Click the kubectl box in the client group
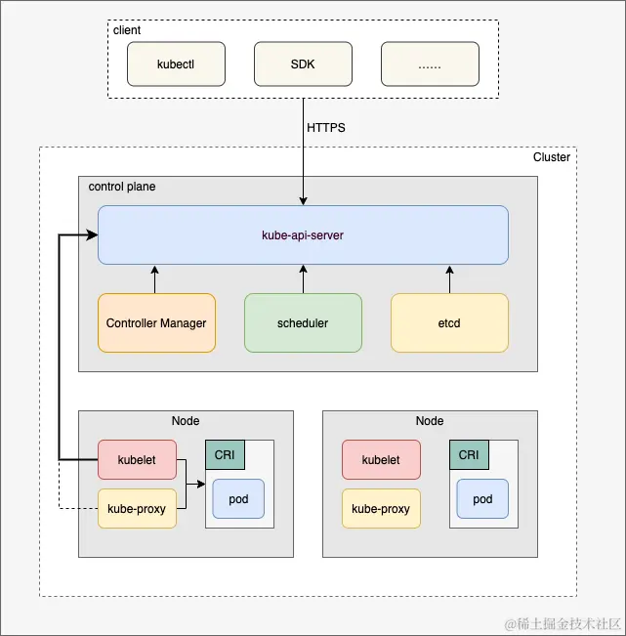pyautogui.click(x=176, y=64)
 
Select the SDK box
pyautogui.click(x=303, y=64)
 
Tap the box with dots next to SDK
pyautogui.click(x=430, y=64)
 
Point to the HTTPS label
pyautogui.click(x=326, y=128)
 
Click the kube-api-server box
pyautogui.click(x=303, y=234)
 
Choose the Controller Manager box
pyautogui.click(x=156, y=322)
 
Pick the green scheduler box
pyautogui.click(x=303, y=322)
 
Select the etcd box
pyautogui.click(x=449, y=322)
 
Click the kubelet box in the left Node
pyautogui.click(x=137, y=459)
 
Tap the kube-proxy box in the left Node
pyautogui.click(x=137, y=508)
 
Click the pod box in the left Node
pyautogui.click(x=238, y=498)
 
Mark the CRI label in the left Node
pyautogui.click(x=225, y=454)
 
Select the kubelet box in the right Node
pyautogui.click(x=381, y=459)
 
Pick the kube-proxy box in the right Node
pyautogui.click(x=381, y=508)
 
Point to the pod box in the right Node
pyautogui.click(x=482, y=498)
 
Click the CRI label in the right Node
pyautogui.click(x=469, y=454)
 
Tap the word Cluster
pyautogui.click(x=551, y=157)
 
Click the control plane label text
pyautogui.click(x=122, y=187)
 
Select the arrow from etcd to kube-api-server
pyautogui.click(x=449, y=278)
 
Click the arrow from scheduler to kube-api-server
pyautogui.click(x=303, y=278)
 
